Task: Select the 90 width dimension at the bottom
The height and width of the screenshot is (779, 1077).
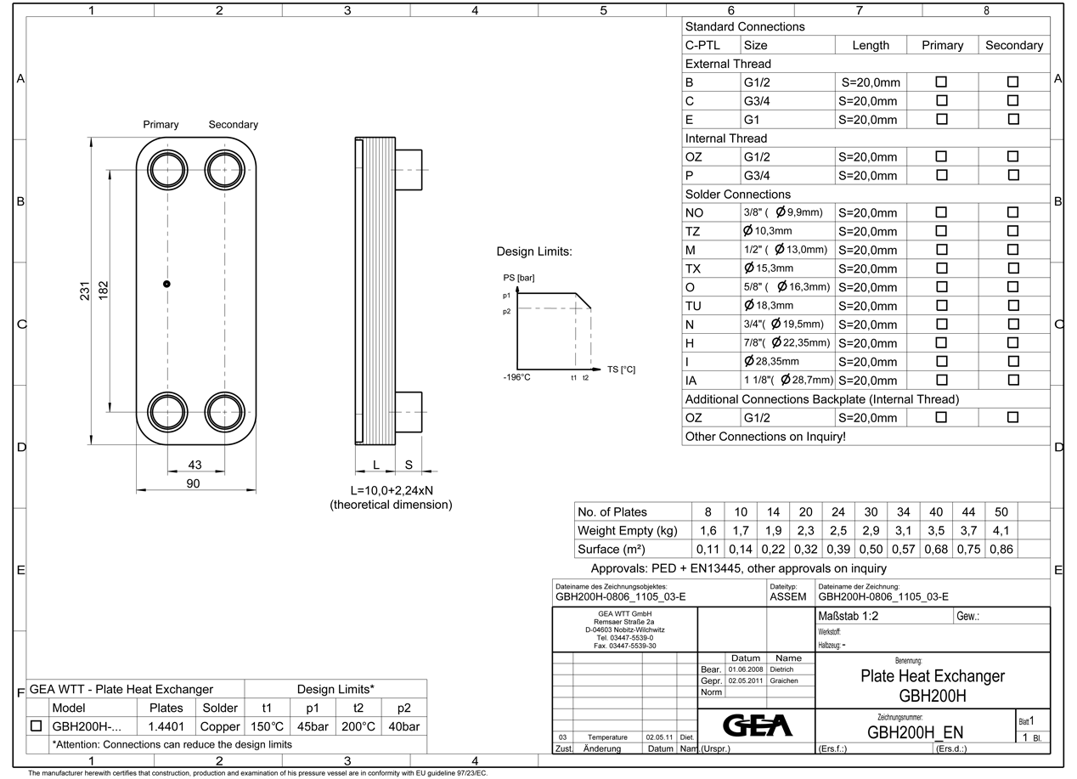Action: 194,483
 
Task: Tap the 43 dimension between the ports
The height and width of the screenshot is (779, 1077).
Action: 195,465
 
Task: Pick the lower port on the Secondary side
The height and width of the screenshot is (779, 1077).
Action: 225,412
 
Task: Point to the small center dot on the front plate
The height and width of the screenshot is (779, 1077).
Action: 166,284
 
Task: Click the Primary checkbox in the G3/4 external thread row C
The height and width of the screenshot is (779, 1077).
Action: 941,101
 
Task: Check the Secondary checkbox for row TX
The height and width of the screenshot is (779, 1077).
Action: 1012,268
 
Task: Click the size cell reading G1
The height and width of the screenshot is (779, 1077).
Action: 752,120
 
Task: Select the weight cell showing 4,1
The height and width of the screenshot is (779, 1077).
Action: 1001,531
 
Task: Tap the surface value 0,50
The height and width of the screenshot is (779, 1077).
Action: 871,550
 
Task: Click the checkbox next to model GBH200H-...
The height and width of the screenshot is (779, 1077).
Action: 36,726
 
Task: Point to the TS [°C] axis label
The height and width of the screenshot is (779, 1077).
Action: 620,370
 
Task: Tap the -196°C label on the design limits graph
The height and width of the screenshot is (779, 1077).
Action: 517,377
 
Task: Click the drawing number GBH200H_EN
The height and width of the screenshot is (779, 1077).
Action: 914,733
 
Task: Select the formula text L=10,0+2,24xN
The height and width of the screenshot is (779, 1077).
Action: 391,491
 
